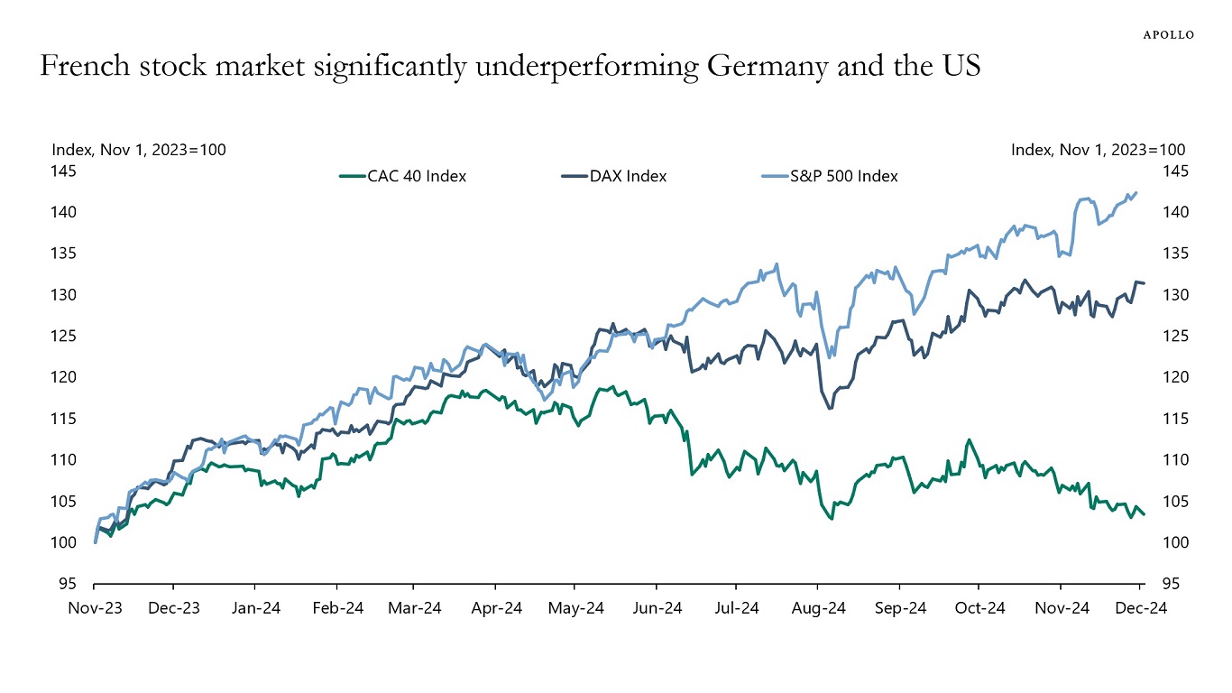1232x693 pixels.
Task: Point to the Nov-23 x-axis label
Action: (x=95, y=608)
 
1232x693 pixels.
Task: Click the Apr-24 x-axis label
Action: (x=496, y=608)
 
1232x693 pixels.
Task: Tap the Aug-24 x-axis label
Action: (x=819, y=608)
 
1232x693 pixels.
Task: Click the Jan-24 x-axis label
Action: (x=255, y=608)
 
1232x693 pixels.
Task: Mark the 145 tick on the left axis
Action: (x=63, y=171)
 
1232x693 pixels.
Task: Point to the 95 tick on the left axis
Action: (x=67, y=584)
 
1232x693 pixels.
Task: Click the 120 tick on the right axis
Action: (x=1174, y=377)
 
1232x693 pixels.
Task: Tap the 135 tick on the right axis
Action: (x=1174, y=254)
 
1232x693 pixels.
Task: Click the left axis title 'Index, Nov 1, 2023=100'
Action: (x=139, y=150)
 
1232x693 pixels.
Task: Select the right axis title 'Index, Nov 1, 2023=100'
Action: (x=1098, y=150)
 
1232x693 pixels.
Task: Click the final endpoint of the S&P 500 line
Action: (x=1135, y=192)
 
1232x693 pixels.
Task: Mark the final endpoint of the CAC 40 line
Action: (x=1145, y=514)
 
